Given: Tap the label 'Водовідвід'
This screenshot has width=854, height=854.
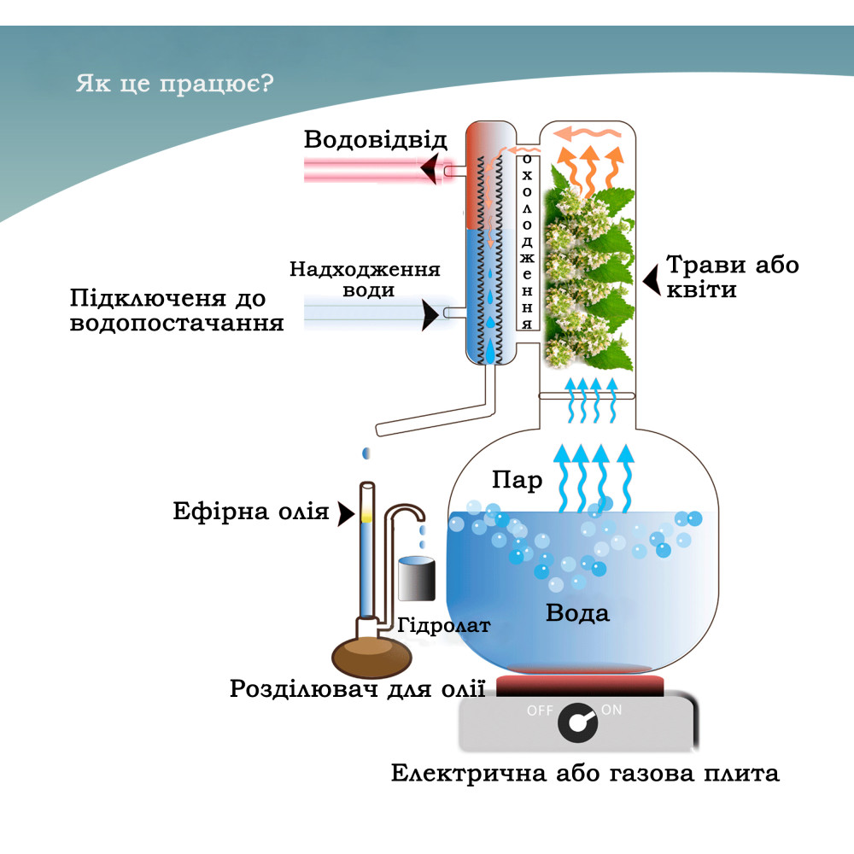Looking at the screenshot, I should click(x=375, y=140).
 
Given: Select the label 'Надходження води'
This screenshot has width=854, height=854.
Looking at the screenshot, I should click(x=365, y=279).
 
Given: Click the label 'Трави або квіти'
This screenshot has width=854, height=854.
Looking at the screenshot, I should click(x=733, y=277).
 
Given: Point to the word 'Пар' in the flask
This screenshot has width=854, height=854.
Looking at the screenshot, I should click(x=517, y=481).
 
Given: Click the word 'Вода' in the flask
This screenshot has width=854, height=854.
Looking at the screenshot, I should click(x=578, y=612).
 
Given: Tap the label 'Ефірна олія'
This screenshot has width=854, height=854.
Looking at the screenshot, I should click(x=251, y=512).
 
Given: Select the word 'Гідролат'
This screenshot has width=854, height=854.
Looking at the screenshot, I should click(x=444, y=625).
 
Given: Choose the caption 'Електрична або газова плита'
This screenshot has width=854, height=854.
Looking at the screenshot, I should click(x=585, y=774).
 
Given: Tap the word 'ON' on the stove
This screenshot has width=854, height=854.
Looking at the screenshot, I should click(x=612, y=710).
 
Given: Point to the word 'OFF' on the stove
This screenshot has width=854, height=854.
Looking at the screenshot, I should click(x=540, y=711).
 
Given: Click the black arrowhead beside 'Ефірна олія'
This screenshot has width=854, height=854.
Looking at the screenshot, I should click(x=345, y=513).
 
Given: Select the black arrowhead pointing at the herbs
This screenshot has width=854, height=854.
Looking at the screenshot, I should click(x=652, y=278).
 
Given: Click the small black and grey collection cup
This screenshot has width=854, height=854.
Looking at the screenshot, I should click(x=416, y=579).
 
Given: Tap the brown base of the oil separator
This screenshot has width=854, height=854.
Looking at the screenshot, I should click(x=373, y=656).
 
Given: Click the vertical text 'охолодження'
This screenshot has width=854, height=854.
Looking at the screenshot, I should click(x=528, y=242).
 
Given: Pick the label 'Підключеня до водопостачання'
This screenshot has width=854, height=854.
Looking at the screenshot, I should click(x=177, y=311).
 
